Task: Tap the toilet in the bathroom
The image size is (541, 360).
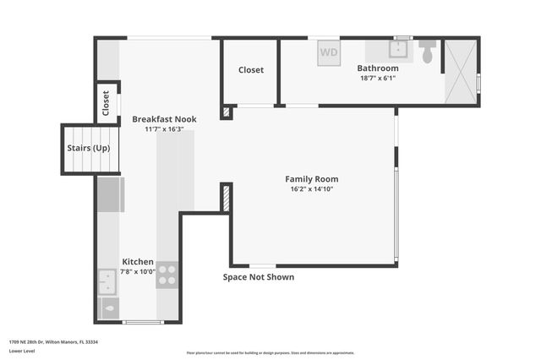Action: tap(427, 52)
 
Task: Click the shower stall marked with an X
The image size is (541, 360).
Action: tap(461, 72)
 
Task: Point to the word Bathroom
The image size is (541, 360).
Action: tap(377, 68)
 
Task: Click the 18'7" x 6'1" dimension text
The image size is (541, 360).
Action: tap(377, 78)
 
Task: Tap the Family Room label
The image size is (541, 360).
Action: tap(311, 179)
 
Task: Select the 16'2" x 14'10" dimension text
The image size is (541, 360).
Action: tap(311, 189)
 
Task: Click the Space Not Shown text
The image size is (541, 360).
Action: tap(259, 277)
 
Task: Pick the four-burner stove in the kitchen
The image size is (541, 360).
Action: tap(167, 275)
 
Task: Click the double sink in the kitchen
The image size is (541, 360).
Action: tap(107, 281)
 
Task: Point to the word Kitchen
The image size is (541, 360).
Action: tap(138, 262)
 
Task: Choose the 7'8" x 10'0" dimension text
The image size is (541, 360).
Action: tap(138, 272)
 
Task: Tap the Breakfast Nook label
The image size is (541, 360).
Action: tap(164, 119)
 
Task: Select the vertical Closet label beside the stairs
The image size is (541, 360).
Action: tap(107, 102)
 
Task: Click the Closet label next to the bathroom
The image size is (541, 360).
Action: tap(250, 70)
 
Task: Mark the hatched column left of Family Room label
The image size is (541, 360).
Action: tap(226, 198)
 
